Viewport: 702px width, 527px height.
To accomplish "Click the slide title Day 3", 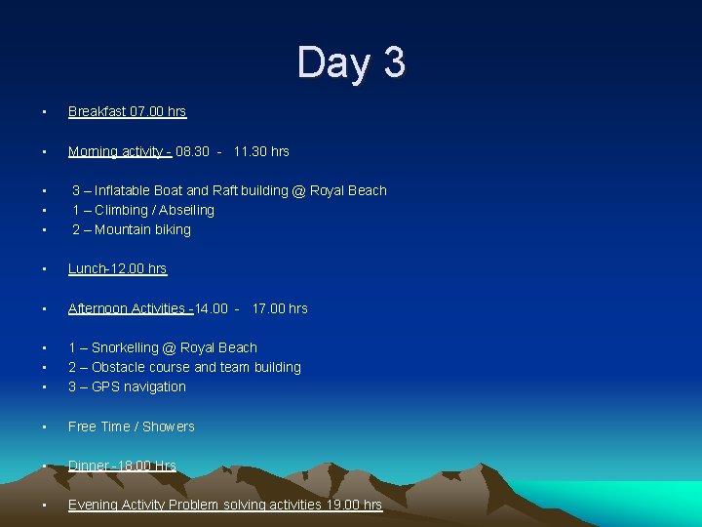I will [x=351, y=62].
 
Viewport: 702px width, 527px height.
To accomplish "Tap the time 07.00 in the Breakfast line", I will [x=145, y=112].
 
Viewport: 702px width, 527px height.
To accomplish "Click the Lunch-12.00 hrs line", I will [x=117, y=269].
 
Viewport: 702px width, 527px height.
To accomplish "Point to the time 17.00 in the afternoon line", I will [x=268, y=308].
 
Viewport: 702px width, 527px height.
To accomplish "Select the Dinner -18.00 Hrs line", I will [x=122, y=466].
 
